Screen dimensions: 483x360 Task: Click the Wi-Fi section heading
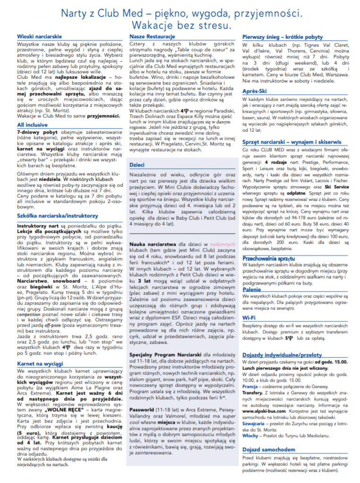tap(249, 318)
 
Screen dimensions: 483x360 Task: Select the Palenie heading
tap(252, 290)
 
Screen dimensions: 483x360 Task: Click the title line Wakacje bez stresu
tap(181, 24)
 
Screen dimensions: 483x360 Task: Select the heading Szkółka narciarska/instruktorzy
tap(57, 216)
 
